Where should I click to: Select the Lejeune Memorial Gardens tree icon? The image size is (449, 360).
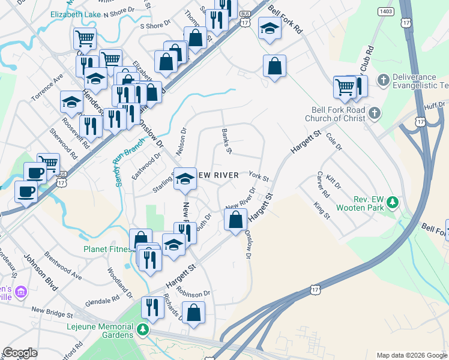[x=142, y=329]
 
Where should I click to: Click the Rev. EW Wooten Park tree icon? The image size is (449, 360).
[x=393, y=202]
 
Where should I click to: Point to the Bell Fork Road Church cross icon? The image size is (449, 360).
[x=373, y=113]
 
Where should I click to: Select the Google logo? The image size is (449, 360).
[x=20, y=352]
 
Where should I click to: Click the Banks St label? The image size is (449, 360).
[x=226, y=141]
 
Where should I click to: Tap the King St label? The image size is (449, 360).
[x=322, y=211]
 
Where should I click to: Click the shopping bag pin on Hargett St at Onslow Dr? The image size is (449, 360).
[x=236, y=221]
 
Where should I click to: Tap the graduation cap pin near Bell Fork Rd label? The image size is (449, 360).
[x=270, y=29]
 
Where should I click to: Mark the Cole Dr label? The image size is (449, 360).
[x=333, y=142]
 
